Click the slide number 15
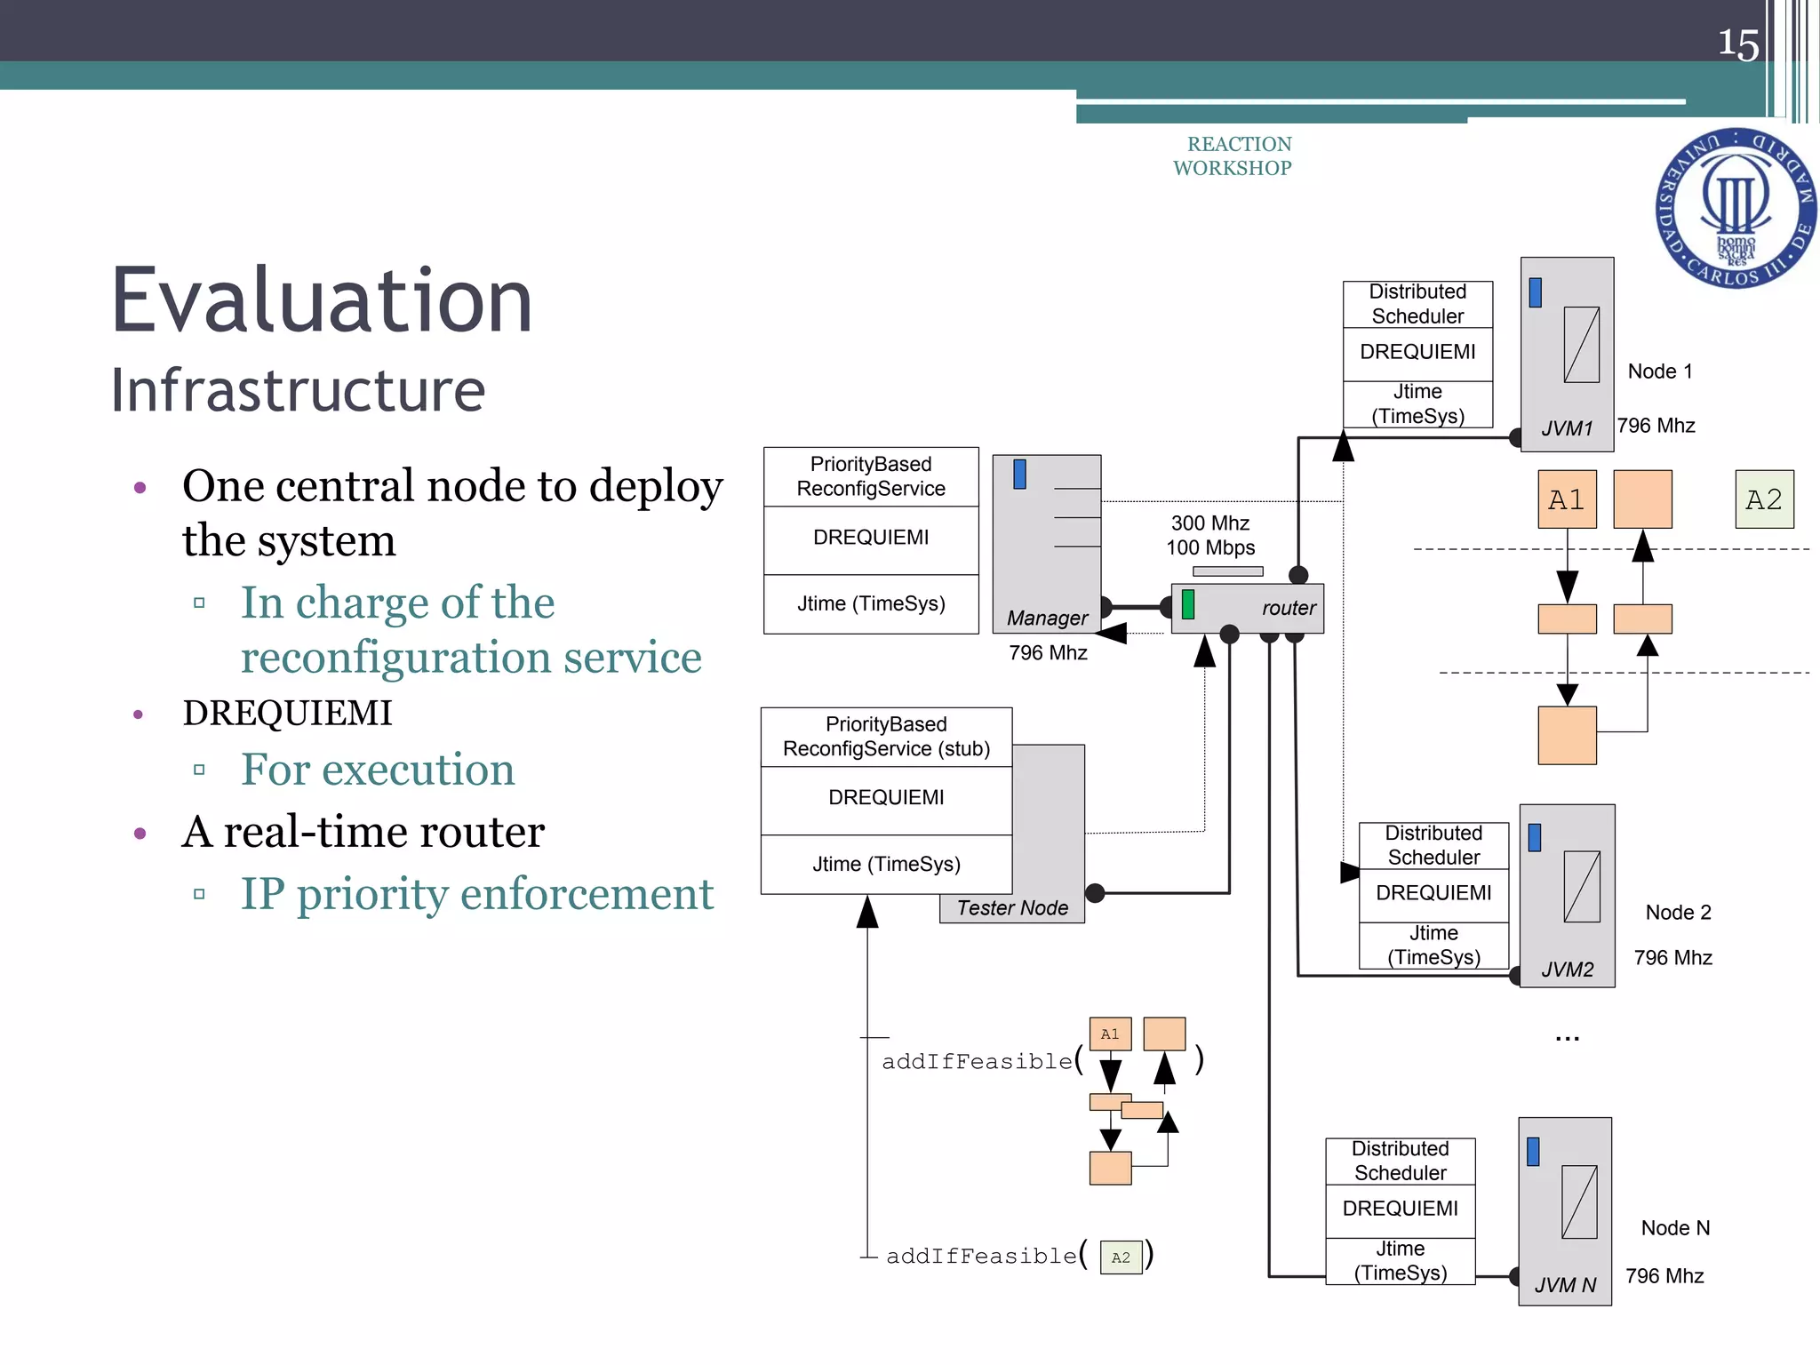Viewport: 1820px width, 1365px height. click(1737, 44)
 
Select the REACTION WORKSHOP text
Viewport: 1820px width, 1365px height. click(1233, 156)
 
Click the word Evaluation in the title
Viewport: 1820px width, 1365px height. click(322, 302)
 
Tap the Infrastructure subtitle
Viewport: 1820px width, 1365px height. click(298, 390)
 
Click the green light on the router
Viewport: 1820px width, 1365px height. click(1188, 604)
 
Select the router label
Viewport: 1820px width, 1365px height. click(1288, 608)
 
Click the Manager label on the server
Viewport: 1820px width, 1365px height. click(1047, 618)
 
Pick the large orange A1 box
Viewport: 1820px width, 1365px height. click(1566, 499)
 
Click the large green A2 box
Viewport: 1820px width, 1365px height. click(1764, 499)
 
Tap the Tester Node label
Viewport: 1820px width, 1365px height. click(1012, 908)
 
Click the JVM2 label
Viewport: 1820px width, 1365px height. click(1567, 970)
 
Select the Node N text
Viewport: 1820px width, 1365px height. click(1674, 1228)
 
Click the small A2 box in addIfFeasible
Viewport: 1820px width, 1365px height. click(1121, 1257)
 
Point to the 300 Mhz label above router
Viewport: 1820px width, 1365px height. click(1209, 523)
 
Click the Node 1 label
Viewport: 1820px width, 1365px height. click(1659, 371)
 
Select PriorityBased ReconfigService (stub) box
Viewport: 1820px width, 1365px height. click(886, 737)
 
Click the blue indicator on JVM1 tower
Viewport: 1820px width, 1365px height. click(1535, 292)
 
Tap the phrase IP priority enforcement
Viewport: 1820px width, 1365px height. click(477, 894)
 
